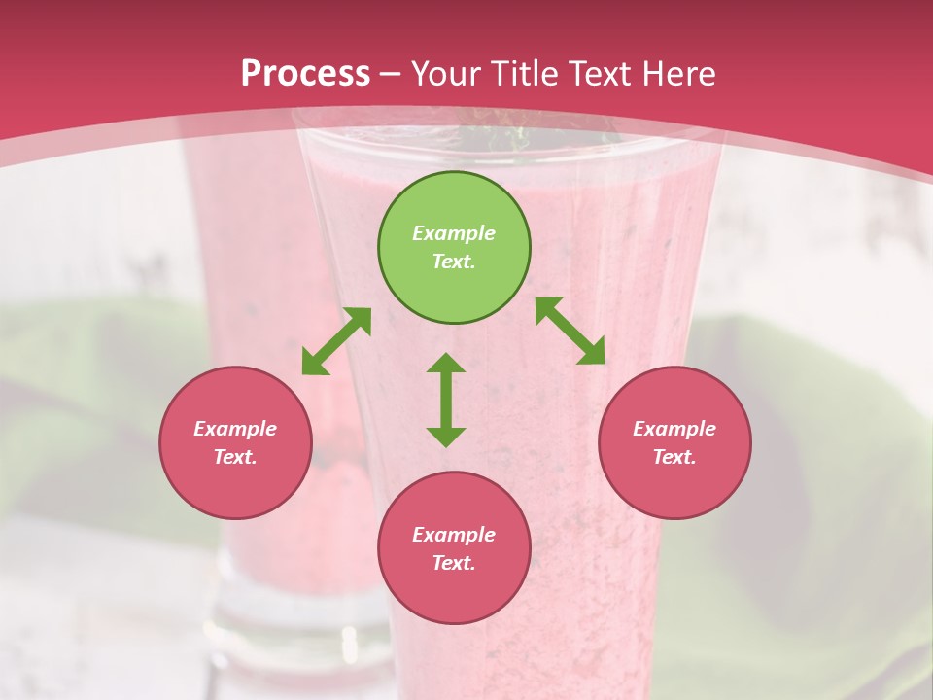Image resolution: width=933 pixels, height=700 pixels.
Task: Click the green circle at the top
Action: click(454, 247)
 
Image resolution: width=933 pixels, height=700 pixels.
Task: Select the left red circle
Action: click(235, 442)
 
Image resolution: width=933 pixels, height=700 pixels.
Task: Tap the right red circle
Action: click(674, 442)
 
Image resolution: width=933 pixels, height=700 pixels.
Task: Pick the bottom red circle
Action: click(454, 548)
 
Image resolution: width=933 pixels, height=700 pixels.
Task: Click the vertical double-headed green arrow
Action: click(446, 400)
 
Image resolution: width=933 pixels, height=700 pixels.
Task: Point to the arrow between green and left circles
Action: click(336, 341)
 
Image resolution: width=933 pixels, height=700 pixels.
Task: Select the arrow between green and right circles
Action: click(570, 331)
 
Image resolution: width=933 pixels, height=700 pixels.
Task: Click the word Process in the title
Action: click(305, 73)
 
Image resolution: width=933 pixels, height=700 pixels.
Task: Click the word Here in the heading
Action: click(677, 73)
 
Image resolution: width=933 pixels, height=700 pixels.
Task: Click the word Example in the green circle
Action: click(454, 233)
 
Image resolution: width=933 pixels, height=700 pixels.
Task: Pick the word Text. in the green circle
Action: click(454, 262)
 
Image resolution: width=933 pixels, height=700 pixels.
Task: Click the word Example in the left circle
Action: click(235, 429)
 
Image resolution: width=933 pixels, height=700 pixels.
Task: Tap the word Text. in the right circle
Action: click(674, 457)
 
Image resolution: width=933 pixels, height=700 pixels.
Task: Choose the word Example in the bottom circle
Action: click(454, 535)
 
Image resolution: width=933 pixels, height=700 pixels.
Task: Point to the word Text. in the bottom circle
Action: click(454, 563)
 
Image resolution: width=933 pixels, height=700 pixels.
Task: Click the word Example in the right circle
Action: click(674, 429)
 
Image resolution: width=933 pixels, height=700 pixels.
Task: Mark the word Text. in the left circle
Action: click(235, 457)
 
